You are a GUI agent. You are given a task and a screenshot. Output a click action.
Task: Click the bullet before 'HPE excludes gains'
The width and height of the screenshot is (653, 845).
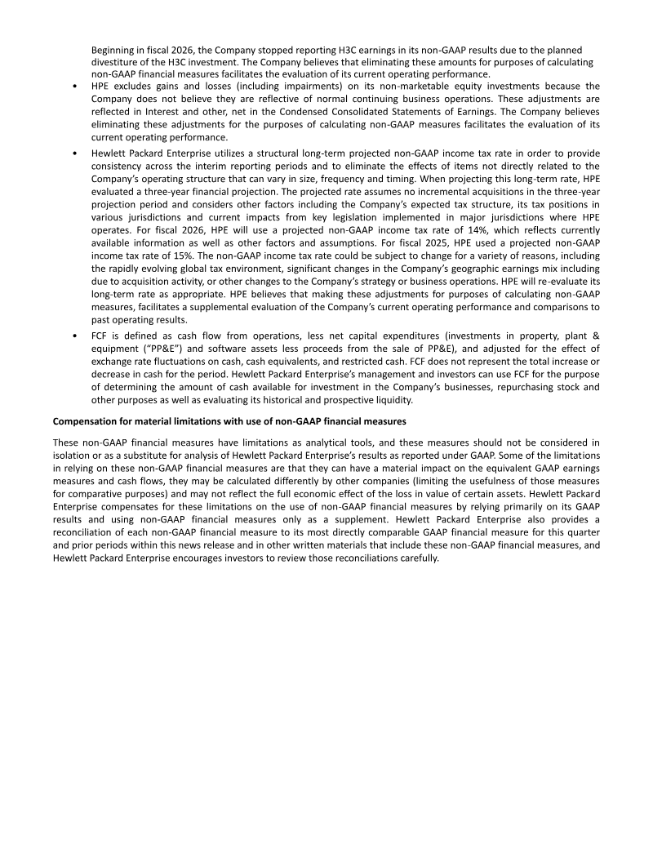75,86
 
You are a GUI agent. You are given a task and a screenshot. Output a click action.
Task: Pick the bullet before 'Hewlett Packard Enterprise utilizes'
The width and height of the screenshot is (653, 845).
75,154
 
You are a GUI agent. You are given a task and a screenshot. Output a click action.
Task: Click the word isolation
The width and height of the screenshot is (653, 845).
72,455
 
